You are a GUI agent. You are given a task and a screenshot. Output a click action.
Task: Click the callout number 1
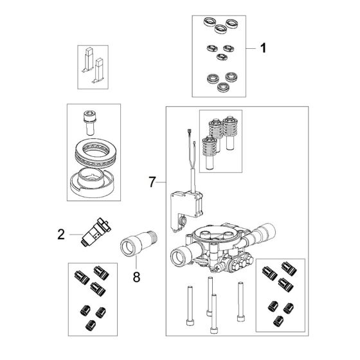click(x=264, y=48)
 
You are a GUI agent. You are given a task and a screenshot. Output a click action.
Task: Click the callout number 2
click(x=61, y=235)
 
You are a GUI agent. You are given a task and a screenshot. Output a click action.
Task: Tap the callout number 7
click(x=152, y=182)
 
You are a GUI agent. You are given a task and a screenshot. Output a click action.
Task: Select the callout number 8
click(x=136, y=276)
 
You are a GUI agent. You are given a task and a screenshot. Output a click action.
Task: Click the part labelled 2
click(x=96, y=232)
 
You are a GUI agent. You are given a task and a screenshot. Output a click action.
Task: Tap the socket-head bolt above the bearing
click(x=90, y=123)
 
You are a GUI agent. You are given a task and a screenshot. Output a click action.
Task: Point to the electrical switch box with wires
click(x=186, y=210)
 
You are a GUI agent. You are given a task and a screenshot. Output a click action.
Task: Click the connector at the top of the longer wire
click(x=190, y=132)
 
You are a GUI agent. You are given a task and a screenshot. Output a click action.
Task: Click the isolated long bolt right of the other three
click(x=240, y=301)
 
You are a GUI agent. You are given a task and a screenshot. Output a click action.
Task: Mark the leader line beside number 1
click(x=251, y=48)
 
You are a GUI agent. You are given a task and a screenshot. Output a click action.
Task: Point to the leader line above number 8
click(x=136, y=263)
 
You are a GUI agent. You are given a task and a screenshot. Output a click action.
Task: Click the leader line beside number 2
click(x=76, y=235)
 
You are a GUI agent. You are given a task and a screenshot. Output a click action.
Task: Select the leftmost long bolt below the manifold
click(x=190, y=305)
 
